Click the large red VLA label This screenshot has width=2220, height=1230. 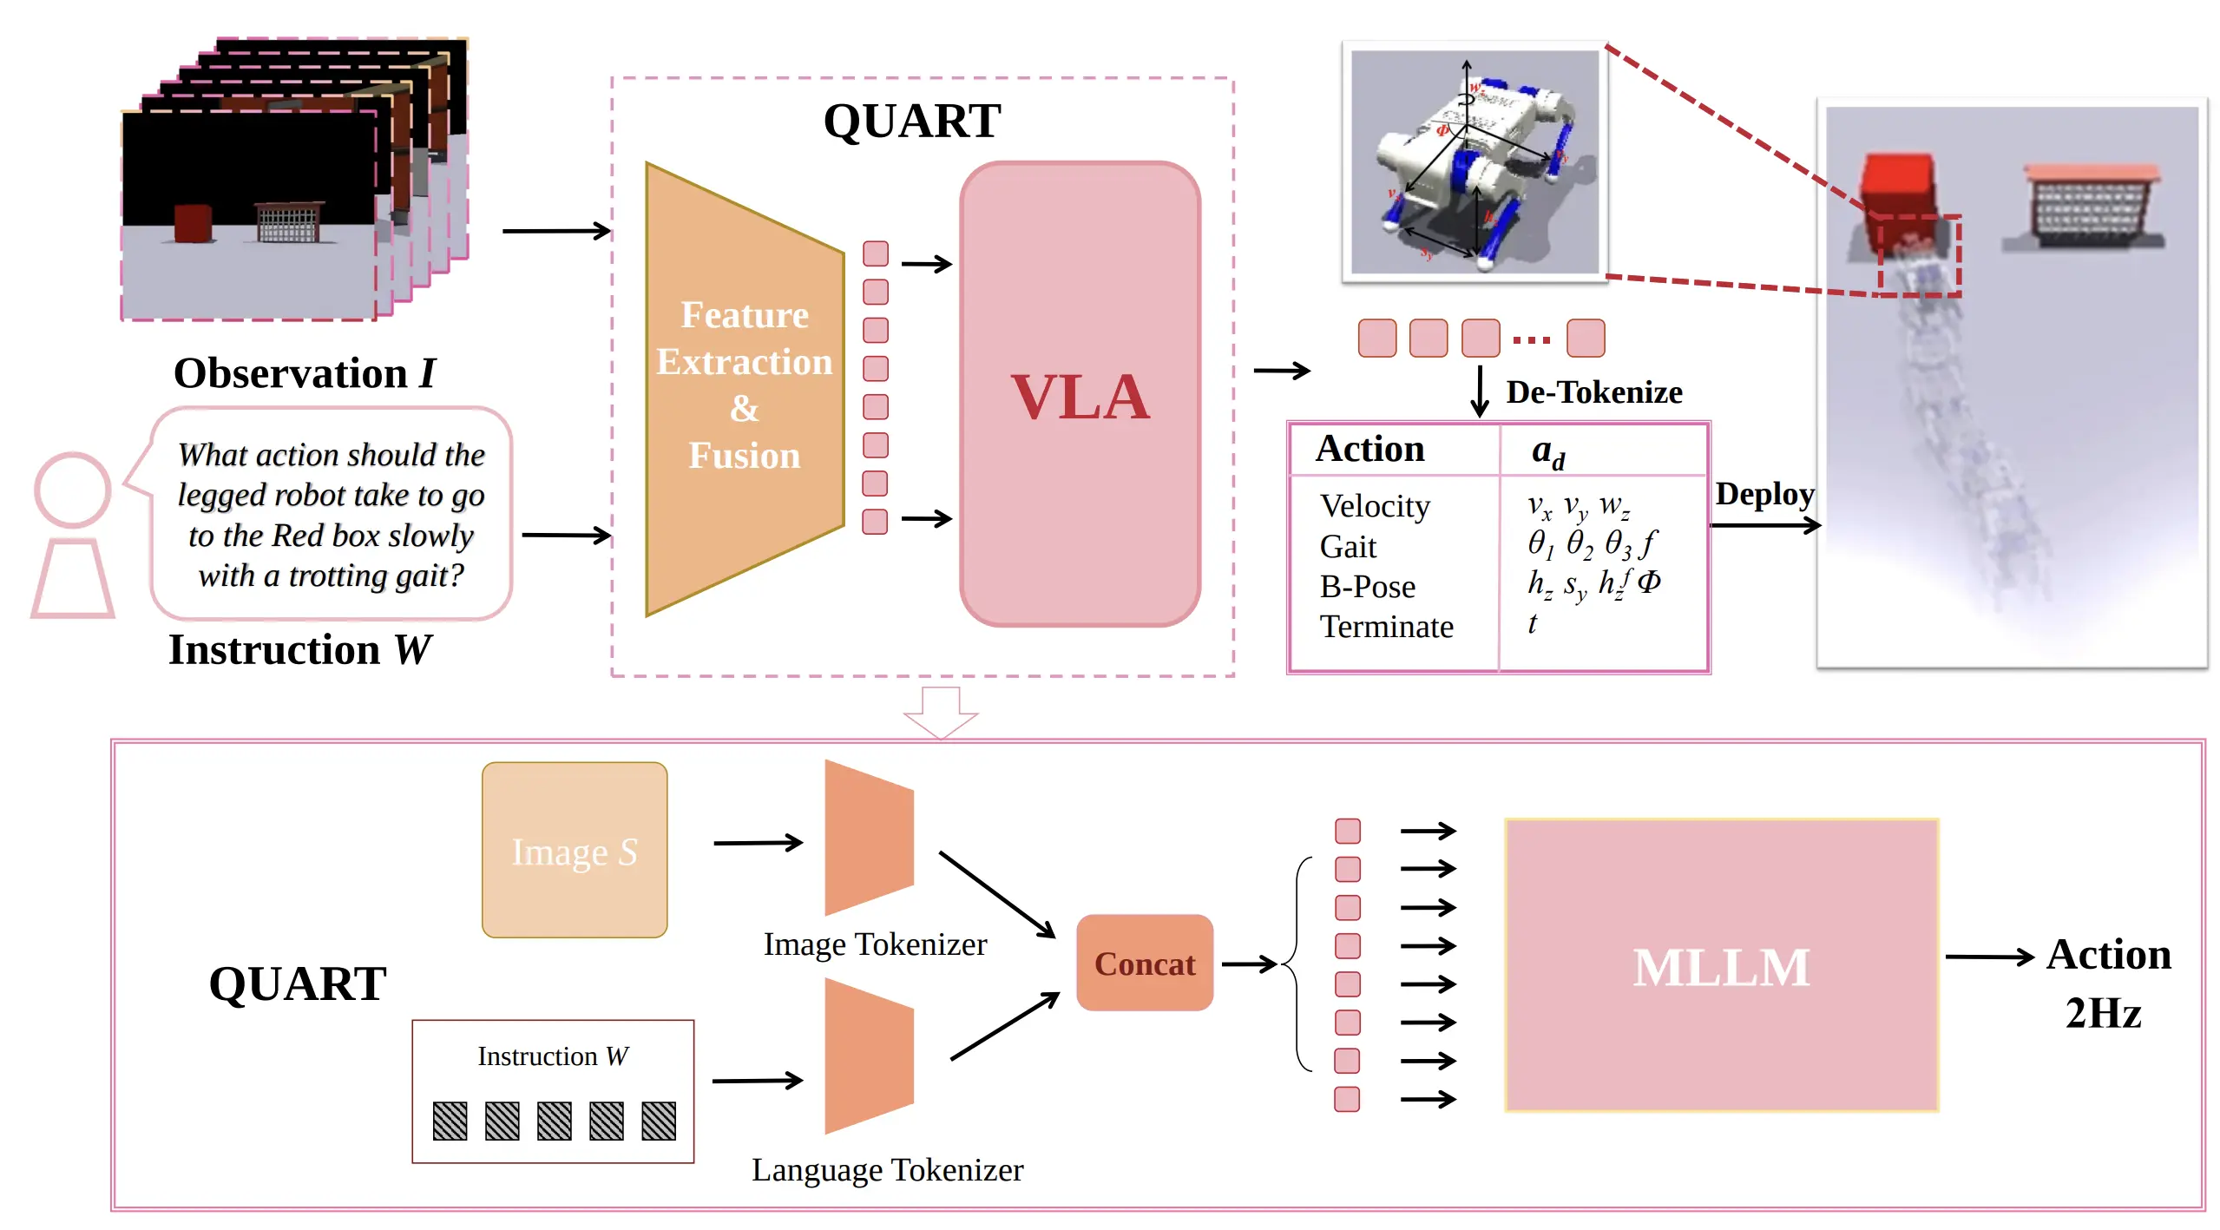click(1080, 397)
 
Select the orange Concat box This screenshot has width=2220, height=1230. click(1144, 963)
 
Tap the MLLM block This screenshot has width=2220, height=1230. click(1721, 965)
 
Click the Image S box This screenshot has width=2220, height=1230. click(575, 851)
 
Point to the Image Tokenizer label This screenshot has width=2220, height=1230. click(875, 944)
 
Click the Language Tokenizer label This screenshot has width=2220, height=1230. click(887, 1169)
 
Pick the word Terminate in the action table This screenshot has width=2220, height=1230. click(1386, 626)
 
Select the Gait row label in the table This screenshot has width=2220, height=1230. click(1348, 547)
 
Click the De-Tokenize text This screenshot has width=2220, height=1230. click(1593, 392)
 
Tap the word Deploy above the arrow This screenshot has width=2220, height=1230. click(1764, 493)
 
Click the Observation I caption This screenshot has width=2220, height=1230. click(304, 373)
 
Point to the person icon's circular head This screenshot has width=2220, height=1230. click(73, 490)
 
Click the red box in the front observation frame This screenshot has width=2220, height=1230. click(193, 223)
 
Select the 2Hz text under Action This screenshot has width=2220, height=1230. click(2103, 1013)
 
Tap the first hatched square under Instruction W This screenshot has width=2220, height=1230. click(450, 1121)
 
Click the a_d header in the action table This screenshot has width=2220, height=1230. click(1547, 451)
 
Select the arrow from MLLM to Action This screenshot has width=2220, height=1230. click(1988, 957)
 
